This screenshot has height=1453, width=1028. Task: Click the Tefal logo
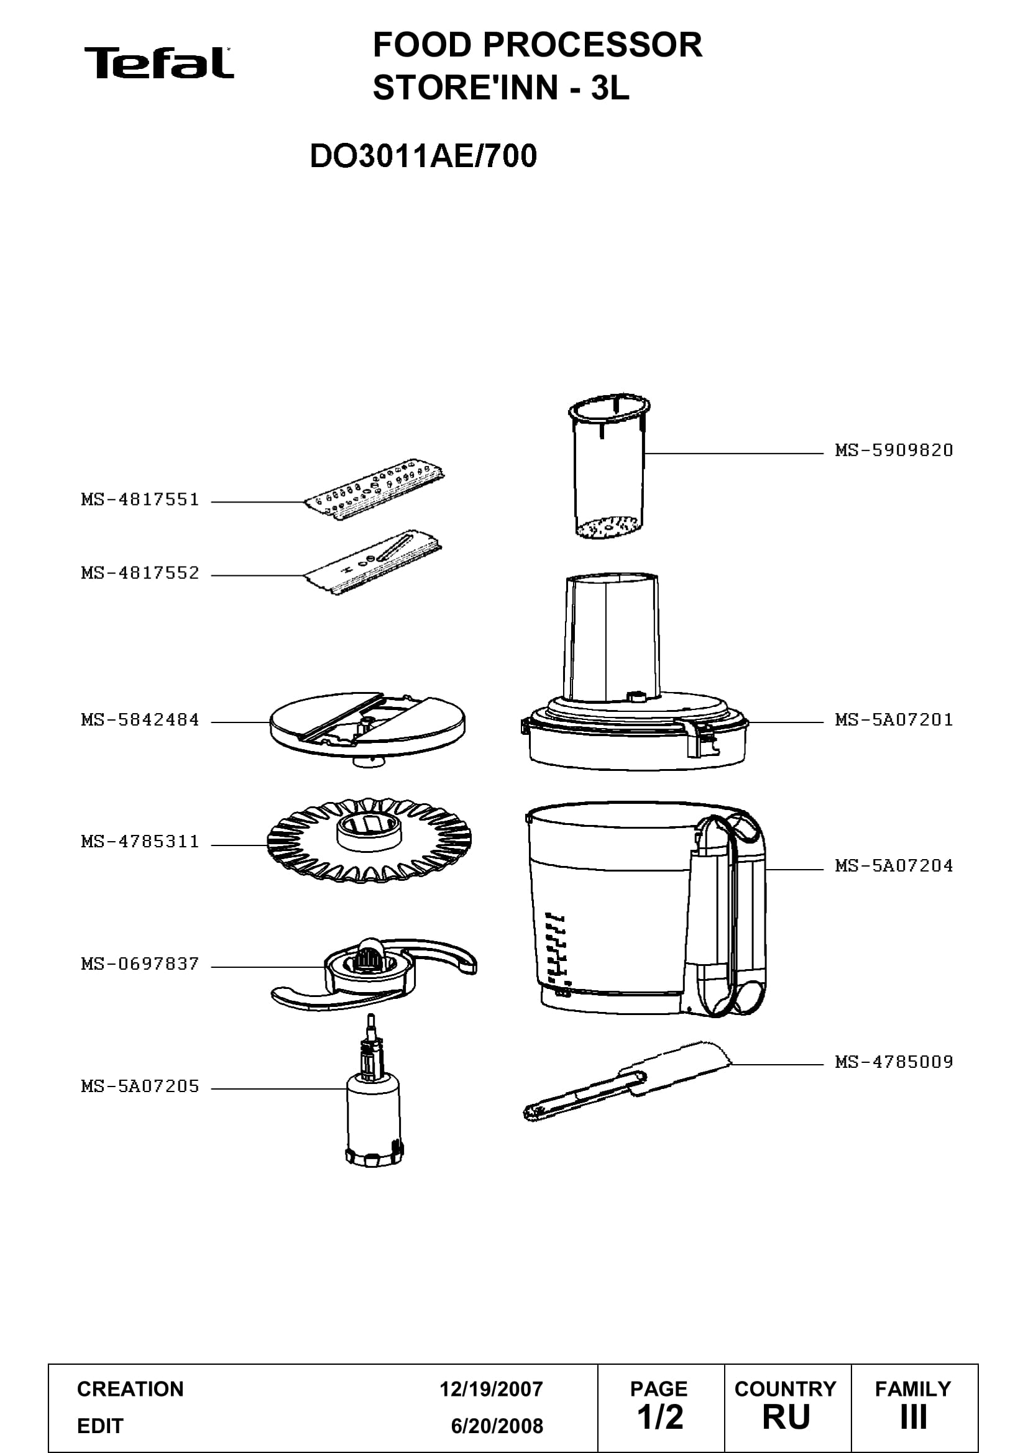pyautogui.click(x=159, y=63)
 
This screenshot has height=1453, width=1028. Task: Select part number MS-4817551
pyautogui.click(x=140, y=500)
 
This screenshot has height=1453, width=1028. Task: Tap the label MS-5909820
pyautogui.click(x=894, y=450)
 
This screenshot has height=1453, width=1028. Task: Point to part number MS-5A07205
pyautogui.click(x=140, y=1086)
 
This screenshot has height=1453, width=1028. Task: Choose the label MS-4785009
pyautogui.click(x=894, y=1062)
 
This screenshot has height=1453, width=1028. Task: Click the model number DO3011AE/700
pyautogui.click(x=423, y=156)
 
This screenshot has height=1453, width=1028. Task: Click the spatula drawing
pyautogui.click(x=626, y=1080)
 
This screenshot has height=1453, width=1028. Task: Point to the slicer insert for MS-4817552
pyautogui.click(x=372, y=562)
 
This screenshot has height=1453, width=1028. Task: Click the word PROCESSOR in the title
pyautogui.click(x=592, y=45)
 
